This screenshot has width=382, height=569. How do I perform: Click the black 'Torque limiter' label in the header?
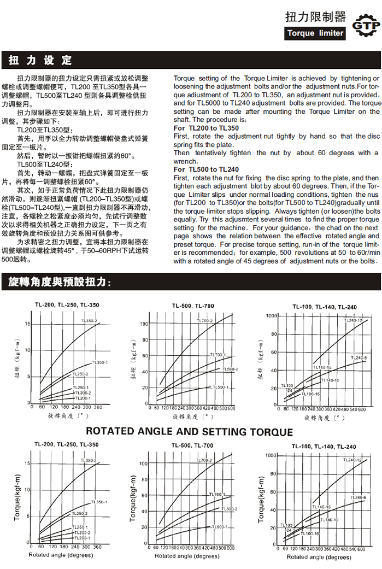[316, 33]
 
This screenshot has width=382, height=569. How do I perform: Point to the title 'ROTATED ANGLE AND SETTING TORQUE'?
[189, 432]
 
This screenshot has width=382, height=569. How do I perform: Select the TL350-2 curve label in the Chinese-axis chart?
[89, 320]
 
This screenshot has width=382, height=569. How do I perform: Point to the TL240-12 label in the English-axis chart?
[352, 461]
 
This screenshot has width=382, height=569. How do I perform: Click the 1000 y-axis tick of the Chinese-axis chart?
[271, 316]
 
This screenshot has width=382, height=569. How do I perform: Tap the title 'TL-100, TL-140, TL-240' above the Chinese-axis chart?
[324, 307]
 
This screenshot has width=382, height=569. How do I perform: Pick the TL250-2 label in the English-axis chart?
[79, 514]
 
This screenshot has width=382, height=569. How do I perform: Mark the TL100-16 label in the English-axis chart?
[310, 533]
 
